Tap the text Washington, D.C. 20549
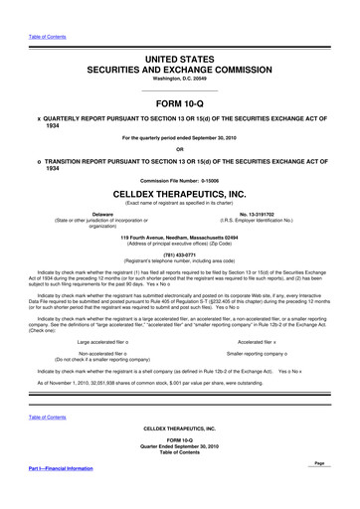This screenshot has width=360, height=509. (180, 54)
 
